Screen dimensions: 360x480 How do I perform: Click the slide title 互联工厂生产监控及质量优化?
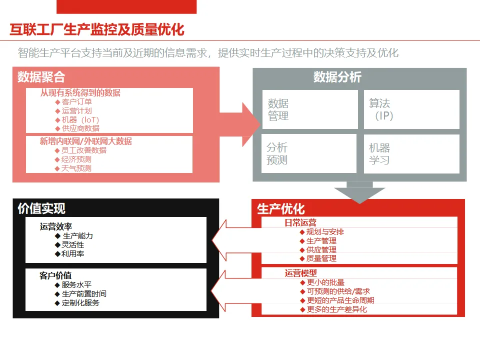tap(97, 30)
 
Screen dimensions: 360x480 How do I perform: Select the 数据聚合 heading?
tap(41, 77)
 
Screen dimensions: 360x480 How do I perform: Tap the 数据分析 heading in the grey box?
tap(337, 77)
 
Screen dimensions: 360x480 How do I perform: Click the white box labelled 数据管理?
tap(310, 109)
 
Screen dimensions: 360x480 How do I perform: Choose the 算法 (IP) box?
tap(411, 109)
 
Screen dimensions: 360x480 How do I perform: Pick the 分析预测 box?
tap(308, 153)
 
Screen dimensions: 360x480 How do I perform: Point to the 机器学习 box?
tap(411, 153)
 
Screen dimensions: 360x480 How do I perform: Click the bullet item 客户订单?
tap(76, 102)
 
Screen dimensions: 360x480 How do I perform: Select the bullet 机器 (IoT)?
tap(80, 120)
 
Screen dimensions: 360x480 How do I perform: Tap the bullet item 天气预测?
tap(76, 168)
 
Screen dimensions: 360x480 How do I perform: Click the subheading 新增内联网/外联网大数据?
tap(86, 141)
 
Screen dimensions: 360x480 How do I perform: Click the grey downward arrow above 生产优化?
tap(359, 192)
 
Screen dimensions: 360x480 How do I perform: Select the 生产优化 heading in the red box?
tap(280, 209)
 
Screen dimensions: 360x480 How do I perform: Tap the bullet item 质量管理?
tap(321, 258)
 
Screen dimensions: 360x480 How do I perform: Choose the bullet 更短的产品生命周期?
tap(340, 300)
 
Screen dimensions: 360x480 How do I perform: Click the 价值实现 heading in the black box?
tap(41, 208)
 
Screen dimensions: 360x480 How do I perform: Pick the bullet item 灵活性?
tap(72, 245)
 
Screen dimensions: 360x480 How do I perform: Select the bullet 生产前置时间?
tap(84, 294)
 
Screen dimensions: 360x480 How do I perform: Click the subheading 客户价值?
tap(55, 275)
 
